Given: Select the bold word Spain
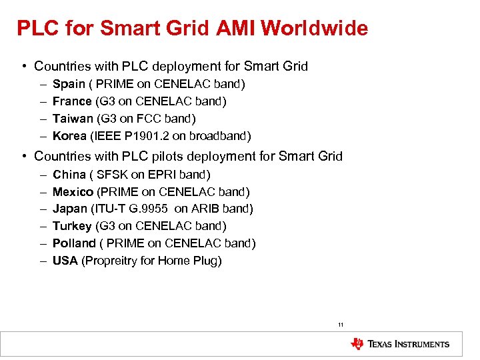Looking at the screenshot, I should pyautogui.click(x=69, y=84).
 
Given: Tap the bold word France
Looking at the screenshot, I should pyautogui.click(x=72, y=101).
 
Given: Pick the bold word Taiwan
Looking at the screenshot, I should pyautogui.click(x=72, y=119).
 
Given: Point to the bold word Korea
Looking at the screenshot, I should pyautogui.click(x=69, y=136).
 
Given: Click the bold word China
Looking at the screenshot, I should pyautogui.click(x=69, y=175).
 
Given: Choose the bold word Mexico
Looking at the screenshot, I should pyautogui.click(x=73, y=192).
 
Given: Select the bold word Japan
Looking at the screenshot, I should pyautogui.click(x=70, y=209).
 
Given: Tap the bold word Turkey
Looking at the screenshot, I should pyautogui.click(x=72, y=226).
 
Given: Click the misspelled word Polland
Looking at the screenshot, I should pyautogui.click(x=74, y=243).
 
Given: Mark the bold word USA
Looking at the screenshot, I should pyautogui.click(x=65, y=261).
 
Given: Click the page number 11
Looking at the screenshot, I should pyautogui.click(x=341, y=325).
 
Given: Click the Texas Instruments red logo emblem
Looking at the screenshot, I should pyautogui.click(x=357, y=344).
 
